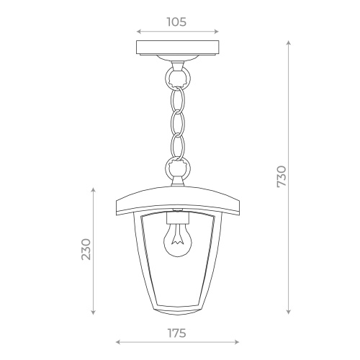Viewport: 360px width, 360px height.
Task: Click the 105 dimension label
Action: [x=176, y=22]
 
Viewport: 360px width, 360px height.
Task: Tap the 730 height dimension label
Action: [x=282, y=176]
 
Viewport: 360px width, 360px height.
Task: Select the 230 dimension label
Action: [x=86, y=249]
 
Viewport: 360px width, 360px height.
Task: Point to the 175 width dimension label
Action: [x=177, y=333]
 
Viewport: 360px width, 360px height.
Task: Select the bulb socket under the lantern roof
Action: [x=178, y=217]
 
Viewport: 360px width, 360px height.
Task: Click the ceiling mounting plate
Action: [x=178, y=48]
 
